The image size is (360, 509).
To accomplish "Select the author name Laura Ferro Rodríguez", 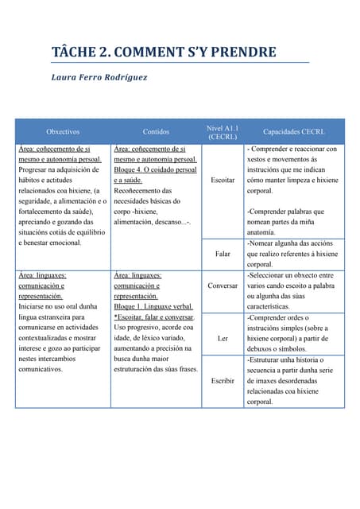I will point(99,78).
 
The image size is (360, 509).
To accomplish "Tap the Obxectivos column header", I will point(63,131).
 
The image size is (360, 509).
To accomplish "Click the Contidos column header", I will point(156,131).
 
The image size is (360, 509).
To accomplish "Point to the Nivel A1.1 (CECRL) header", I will point(223,131).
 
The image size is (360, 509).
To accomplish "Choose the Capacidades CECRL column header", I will point(293,131).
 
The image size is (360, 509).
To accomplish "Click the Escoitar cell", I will point(223,181).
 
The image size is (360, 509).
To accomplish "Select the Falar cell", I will point(223,254).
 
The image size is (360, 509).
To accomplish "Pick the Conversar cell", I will point(223,285).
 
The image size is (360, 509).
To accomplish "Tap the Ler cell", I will point(223,338).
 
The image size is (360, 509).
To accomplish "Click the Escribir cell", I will point(223,381).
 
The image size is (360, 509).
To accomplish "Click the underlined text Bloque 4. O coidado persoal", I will point(155,170).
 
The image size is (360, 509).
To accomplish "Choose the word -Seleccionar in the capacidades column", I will point(269,275).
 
